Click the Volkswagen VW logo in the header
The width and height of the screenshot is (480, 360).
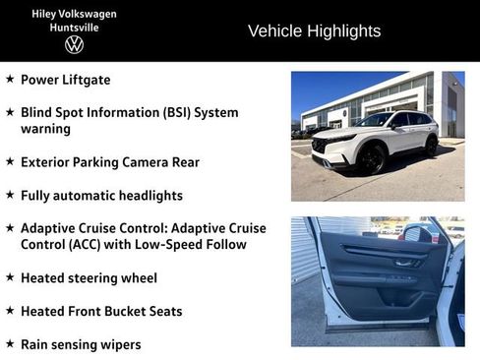(74, 44)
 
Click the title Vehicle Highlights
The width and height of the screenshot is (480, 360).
(314, 30)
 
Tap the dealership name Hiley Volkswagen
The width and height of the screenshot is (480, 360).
(74, 13)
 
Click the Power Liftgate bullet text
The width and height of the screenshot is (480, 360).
(65, 79)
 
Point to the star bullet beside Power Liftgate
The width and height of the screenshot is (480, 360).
(10, 79)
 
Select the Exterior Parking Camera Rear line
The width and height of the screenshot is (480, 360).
(109, 161)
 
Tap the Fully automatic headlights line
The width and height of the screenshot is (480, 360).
(101, 195)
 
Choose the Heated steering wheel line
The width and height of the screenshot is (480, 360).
(89, 277)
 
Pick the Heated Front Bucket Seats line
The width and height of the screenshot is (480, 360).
(101, 311)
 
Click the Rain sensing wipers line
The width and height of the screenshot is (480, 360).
(81, 344)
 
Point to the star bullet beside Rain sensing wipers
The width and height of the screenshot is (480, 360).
(10, 344)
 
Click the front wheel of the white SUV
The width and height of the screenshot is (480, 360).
(372, 157)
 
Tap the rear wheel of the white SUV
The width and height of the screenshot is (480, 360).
(431, 146)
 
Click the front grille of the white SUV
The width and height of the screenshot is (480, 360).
(322, 145)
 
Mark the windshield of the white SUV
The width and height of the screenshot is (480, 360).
(375, 120)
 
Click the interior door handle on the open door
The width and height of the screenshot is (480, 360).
(402, 263)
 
